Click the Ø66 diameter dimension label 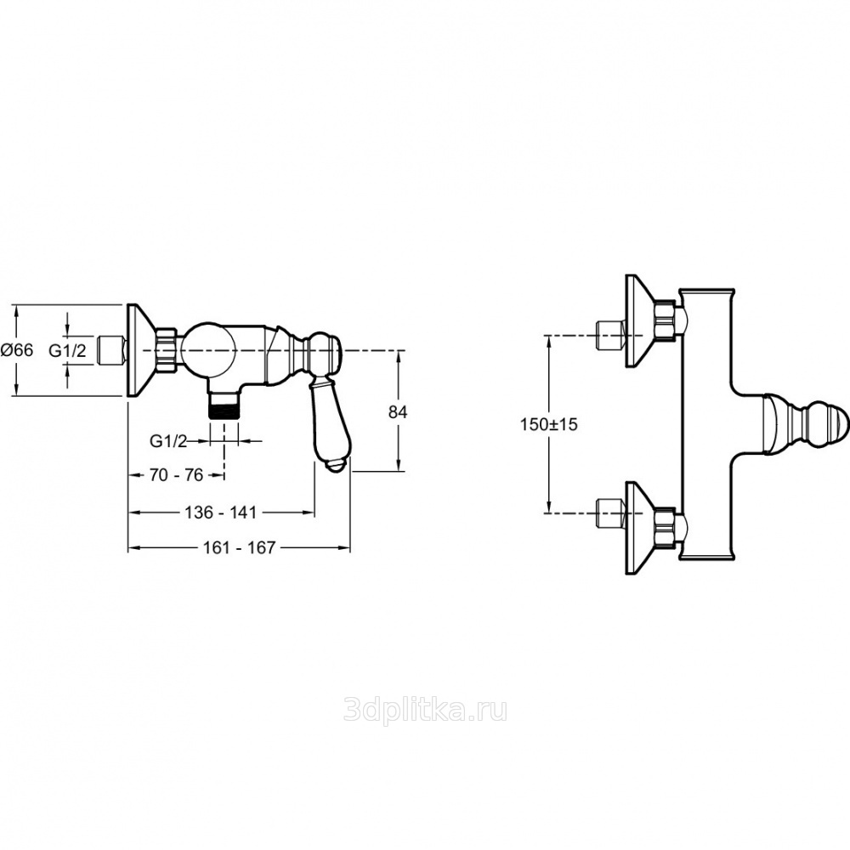17,349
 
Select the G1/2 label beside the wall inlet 66,349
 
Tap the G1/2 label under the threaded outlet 168,440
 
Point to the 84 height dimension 398,411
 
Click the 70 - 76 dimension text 176,474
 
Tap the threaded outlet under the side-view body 224,404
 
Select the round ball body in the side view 209,349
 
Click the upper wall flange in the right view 637,321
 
